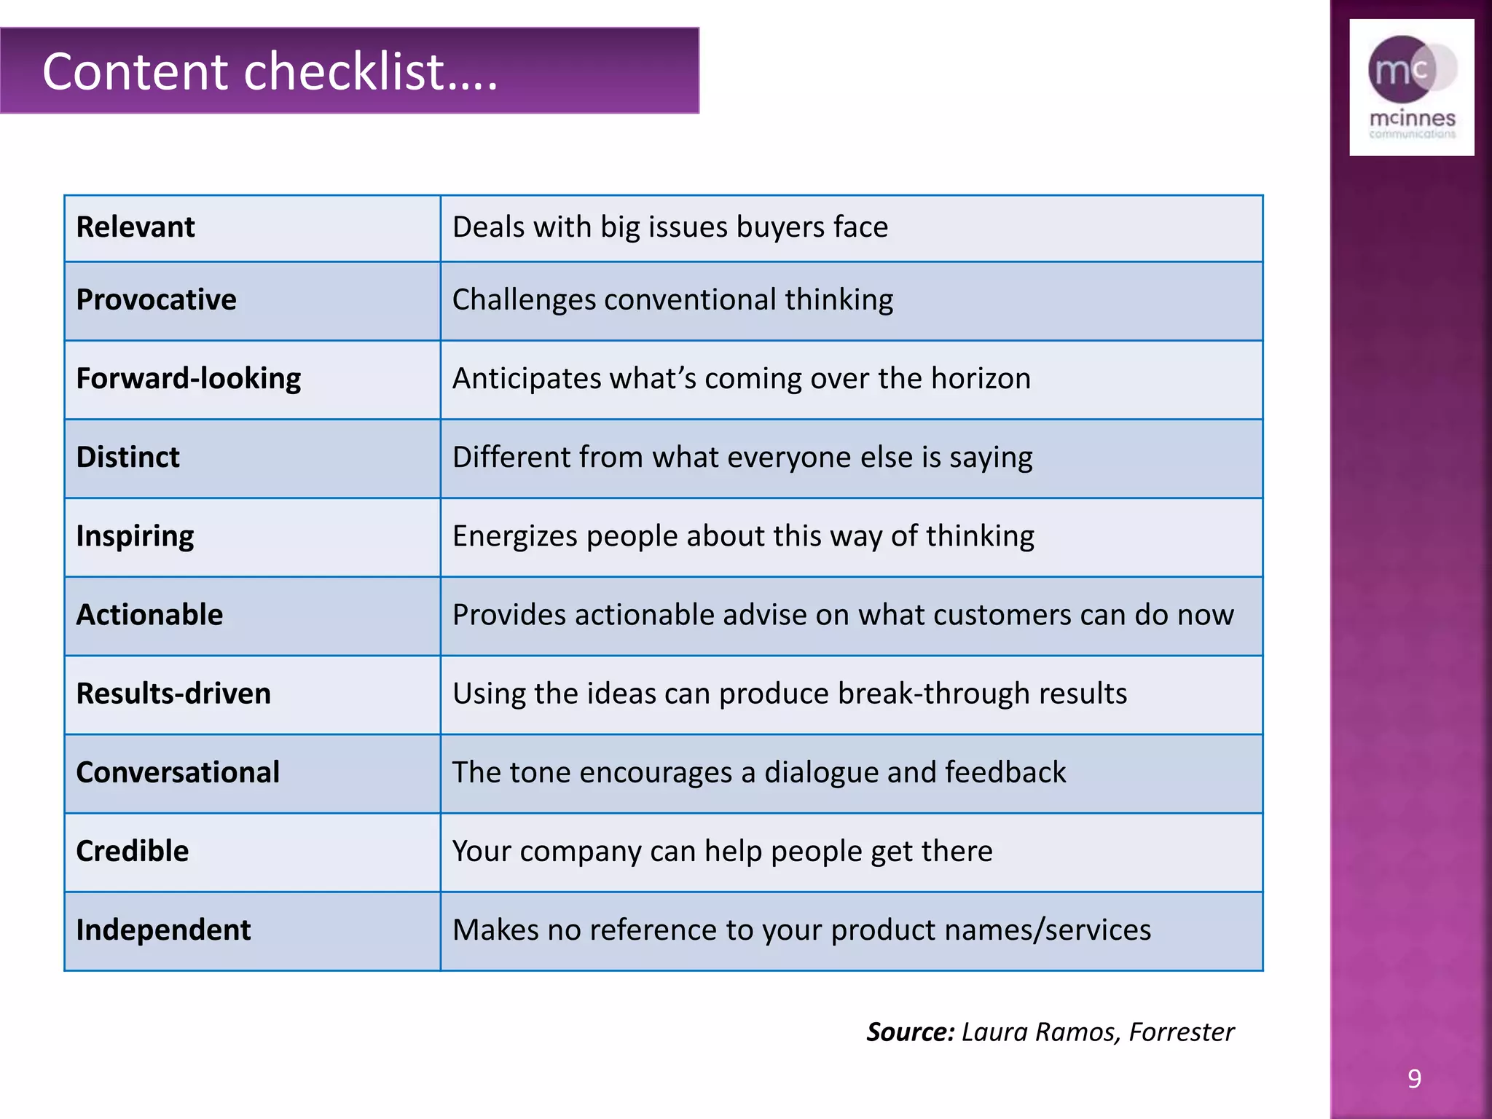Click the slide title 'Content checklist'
(x=270, y=71)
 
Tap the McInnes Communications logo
(x=1411, y=87)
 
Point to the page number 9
(x=1414, y=1078)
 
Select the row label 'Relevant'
(x=136, y=227)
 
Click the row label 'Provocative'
(x=156, y=300)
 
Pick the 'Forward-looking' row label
(x=188, y=379)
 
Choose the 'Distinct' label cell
(x=127, y=458)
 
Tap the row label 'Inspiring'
(x=135, y=536)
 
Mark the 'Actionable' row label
(x=149, y=615)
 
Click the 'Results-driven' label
(x=173, y=694)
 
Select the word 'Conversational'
(x=178, y=772)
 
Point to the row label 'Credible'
(x=132, y=851)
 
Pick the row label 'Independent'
(x=163, y=930)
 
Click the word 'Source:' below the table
(x=910, y=1032)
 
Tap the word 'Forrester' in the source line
(x=1182, y=1032)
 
